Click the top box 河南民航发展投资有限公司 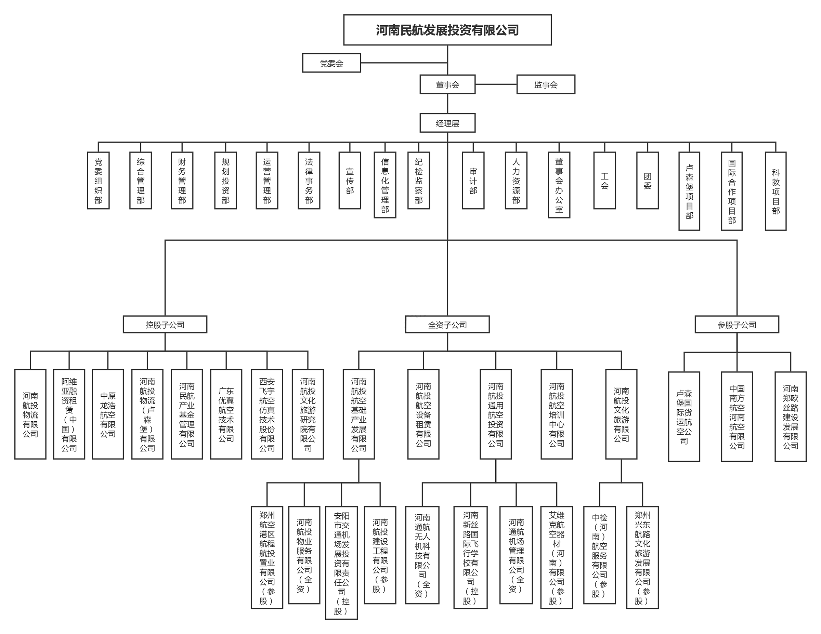click(x=447, y=30)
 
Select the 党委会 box click(x=331, y=63)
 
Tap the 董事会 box click(x=447, y=84)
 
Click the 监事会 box click(x=546, y=84)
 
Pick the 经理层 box click(x=447, y=123)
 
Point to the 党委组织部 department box click(x=98, y=181)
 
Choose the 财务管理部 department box click(x=182, y=181)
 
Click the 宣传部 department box click(x=350, y=181)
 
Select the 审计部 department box click(x=473, y=181)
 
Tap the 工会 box click(x=604, y=181)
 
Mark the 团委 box click(x=647, y=181)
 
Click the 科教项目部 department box click(x=776, y=191)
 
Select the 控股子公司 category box click(x=165, y=324)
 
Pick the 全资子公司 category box click(x=447, y=324)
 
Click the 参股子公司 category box click(x=737, y=324)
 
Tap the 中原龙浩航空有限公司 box click(x=108, y=414)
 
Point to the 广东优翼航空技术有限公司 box click(x=226, y=414)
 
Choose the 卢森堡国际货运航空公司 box click(x=684, y=417)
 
